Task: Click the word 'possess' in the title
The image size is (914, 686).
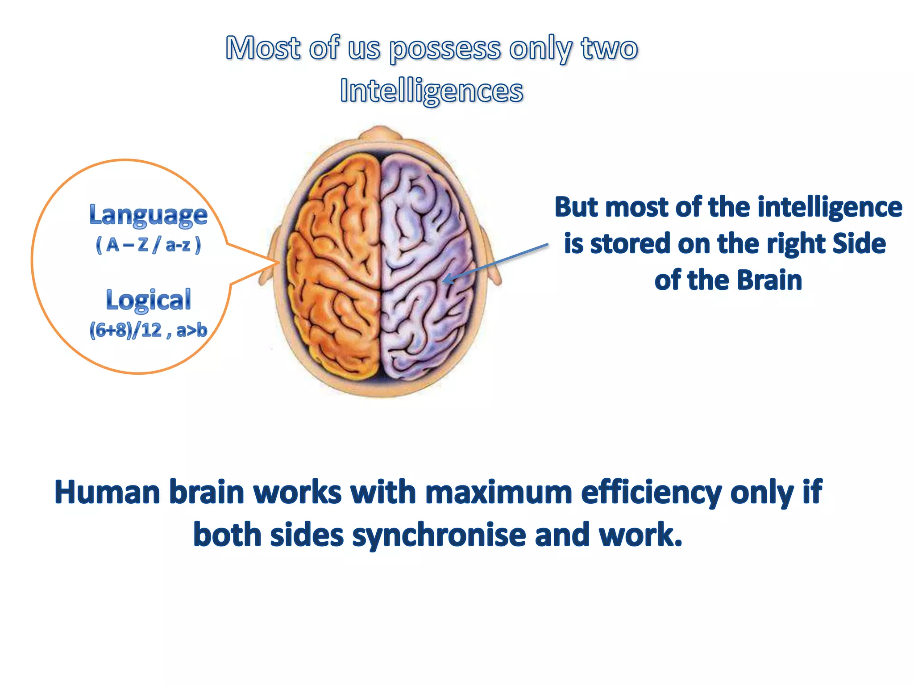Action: [445, 49]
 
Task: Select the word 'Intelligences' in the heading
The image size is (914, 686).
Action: [431, 91]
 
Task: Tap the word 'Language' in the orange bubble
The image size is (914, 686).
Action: [148, 215]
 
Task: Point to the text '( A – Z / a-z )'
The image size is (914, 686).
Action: [148, 245]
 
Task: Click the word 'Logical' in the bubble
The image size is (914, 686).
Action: [148, 300]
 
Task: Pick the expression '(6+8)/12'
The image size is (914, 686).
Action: [125, 330]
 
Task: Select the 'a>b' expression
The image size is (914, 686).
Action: [191, 330]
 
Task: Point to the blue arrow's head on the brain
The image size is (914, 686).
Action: [445, 280]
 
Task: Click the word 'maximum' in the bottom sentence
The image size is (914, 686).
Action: [498, 492]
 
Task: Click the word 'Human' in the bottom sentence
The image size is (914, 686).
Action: [107, 492]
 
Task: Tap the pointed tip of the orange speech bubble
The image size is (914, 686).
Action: [278, 263]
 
